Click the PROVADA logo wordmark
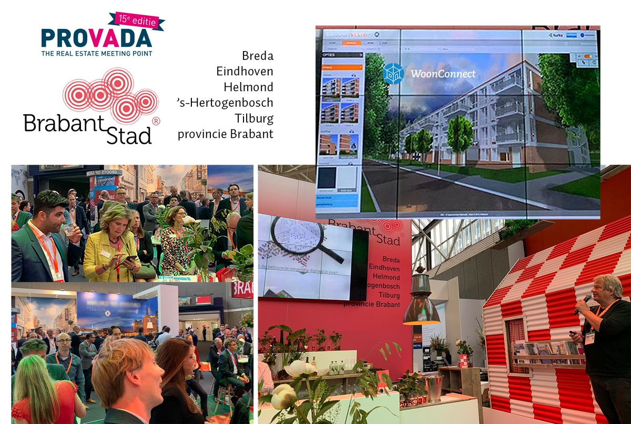coord(97,38)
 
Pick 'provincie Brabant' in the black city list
coord(226,134)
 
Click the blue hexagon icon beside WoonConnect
coord(393,74)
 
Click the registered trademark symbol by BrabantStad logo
coord(156,120)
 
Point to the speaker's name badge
coord(589,337)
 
